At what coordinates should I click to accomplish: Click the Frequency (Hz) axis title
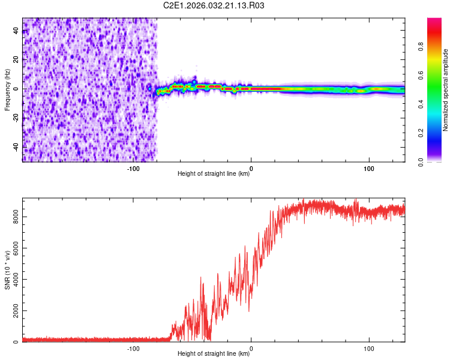pyautogui.click(x=8, y=89)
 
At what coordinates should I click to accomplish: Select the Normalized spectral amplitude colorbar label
pyautogui.click(x=445, y=91)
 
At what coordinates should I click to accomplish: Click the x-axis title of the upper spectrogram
pyautogui.click(x=214, y=174)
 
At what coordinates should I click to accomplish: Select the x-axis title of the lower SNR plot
pyautogui.click(x=214, y=354)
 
